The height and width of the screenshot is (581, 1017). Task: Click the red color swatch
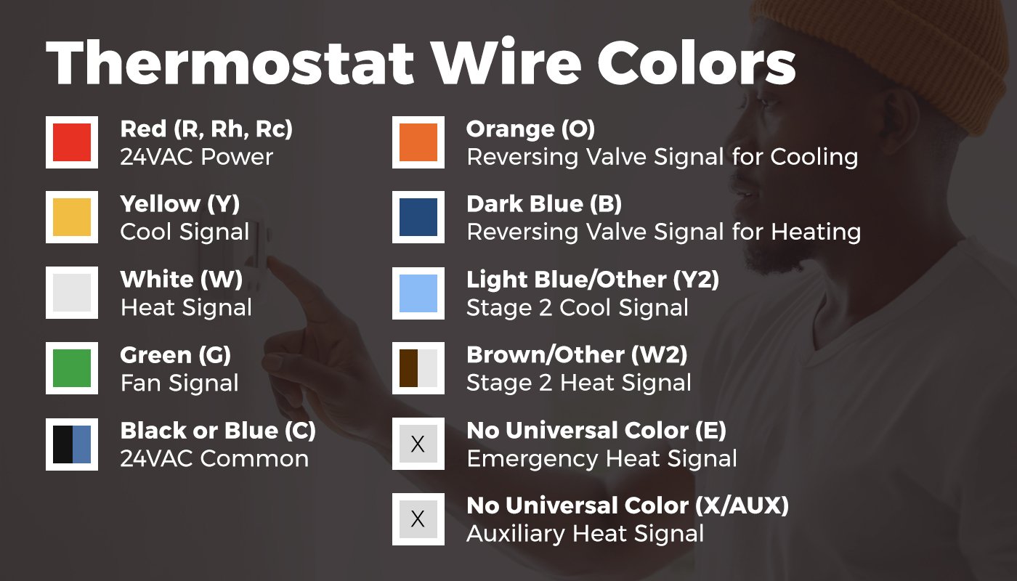pos(72,142)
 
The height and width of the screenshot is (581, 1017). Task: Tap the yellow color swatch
pos(72,217)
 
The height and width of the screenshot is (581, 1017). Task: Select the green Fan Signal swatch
pos(72,368)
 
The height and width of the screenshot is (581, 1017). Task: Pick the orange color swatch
pos(418,142)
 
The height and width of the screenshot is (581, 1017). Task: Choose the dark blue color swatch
pos(418,217)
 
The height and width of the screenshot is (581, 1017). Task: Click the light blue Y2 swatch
pos(418,293)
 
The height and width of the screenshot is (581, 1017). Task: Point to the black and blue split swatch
pos(72,444)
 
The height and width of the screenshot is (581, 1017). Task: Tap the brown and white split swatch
pos(418,368)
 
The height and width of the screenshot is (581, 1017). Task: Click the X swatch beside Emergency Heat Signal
pos(418,444)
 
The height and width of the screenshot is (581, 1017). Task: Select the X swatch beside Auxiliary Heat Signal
pos(418,519)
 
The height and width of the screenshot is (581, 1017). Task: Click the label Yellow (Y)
pos(180,204)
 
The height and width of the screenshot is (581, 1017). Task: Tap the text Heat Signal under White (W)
pos(186,307)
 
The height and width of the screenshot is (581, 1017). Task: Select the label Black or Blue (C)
pos(218,431)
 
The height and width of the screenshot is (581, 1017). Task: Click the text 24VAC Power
pos(196,157)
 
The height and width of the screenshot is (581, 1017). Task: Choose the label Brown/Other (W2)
pos(577,355)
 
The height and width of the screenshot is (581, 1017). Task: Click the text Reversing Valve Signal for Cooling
pos(662,157)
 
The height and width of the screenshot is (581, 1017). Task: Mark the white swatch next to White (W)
pos(72,293)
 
